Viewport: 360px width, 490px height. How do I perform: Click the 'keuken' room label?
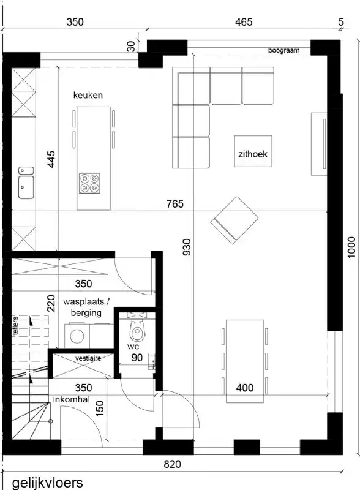[x=88, y=96]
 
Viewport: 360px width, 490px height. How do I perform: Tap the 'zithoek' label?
[x=253, y=154]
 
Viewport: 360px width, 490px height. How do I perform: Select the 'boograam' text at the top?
[x=283, y=50]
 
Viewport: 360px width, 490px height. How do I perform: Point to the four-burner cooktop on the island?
[x=89, y=183]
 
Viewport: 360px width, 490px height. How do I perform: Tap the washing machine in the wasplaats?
[x=78, y=336]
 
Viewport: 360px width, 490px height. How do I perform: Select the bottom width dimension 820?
[x=173, y=465]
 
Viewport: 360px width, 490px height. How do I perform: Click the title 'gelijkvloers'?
[x=47, y=483]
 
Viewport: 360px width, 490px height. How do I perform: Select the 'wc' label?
[x=133, y=347]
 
